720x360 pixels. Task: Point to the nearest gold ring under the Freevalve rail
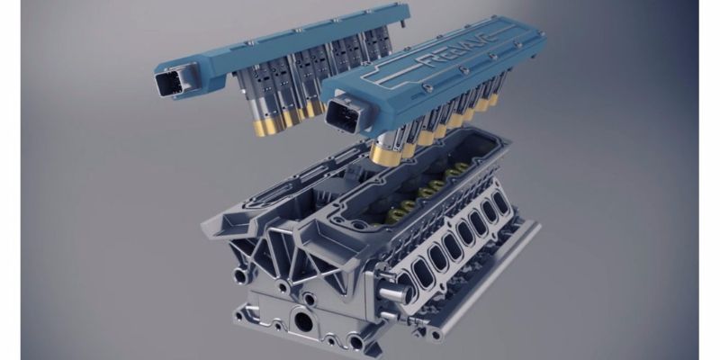coord(385,155)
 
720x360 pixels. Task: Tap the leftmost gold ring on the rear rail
coord(265,128)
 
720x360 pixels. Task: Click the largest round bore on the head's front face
coord(303,321)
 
